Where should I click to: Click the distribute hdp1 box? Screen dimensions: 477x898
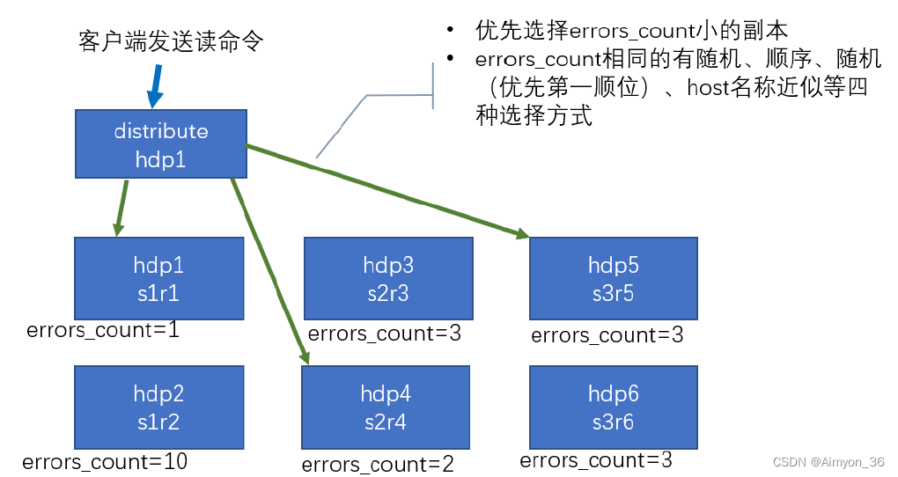[x=160, y=144]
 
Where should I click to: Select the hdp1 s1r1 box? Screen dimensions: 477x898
[x=159, y=278]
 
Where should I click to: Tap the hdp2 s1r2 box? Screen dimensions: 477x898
[x=158, y=407]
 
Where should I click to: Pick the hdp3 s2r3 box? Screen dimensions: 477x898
[x=388, y=278]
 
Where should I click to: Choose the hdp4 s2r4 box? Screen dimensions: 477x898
[x=386, y=407]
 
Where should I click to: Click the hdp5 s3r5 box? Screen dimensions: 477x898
[x=614, y=278]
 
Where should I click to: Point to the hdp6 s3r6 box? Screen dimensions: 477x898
[x=614, y=407]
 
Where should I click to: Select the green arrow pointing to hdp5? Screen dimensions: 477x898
[x=387, y=190]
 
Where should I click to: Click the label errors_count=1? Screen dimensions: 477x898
[x=103, y=331]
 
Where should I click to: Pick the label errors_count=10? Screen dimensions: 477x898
[x=105, y=461]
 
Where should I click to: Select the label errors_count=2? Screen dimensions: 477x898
[x=378, y=465]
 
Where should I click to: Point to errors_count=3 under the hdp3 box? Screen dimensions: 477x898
[x=385, y=334]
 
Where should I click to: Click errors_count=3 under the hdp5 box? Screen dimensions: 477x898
[x=607, y=335]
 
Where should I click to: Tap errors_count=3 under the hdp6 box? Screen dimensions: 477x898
[x=596, y=460]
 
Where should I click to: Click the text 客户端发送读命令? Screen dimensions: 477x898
[x=171, y=42]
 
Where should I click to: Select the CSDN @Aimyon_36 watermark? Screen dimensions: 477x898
[x=828, y=462]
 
